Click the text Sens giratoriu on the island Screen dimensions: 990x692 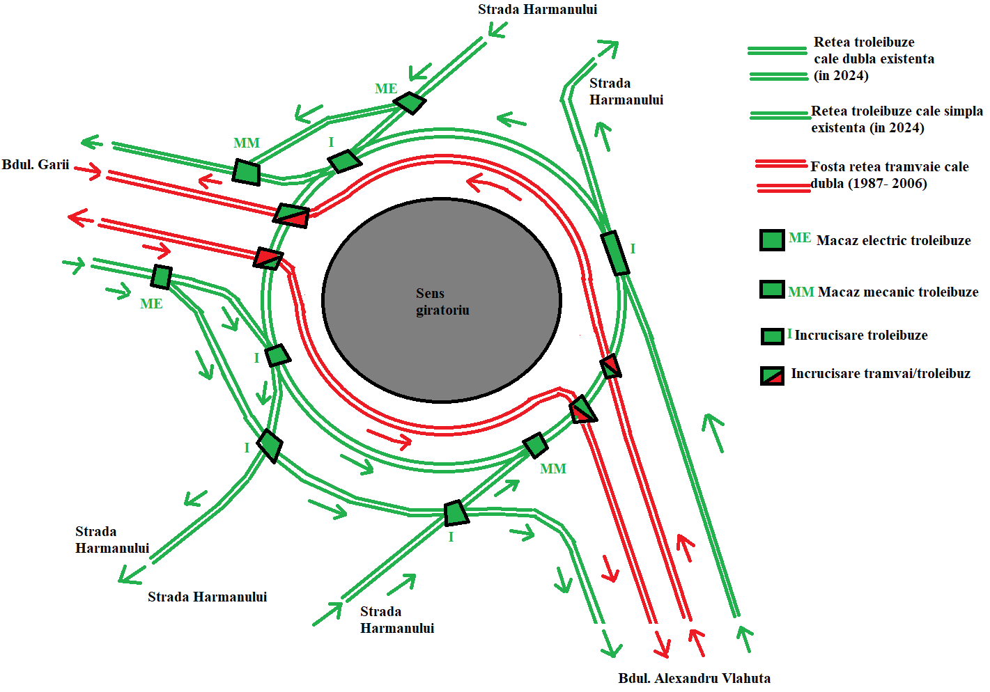tap(442, 301)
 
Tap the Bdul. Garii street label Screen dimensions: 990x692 tap(36, 165)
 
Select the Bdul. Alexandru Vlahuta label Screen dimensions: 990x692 tap(694, 678)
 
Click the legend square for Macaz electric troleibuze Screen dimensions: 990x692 tap(772, 240)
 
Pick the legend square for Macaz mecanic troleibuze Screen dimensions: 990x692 tap(772, 289)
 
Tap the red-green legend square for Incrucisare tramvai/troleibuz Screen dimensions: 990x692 tap(772, 376)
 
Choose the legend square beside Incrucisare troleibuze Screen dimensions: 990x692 tap(772, 336)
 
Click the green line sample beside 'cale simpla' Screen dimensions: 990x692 tap(780, 116)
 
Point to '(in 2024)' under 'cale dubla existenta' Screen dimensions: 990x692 tap(841, 76)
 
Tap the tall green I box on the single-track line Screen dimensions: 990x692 tap(614, 253)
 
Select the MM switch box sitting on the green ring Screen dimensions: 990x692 tap(535, 445)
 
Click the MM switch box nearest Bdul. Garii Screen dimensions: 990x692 tap(246, 172)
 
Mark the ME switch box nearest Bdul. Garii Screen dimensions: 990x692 tap(162, 277)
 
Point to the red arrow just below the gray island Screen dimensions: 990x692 tap(389, 439)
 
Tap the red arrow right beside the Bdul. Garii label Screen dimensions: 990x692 tap(88, 171)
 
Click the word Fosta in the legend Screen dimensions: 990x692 tap(827, 166)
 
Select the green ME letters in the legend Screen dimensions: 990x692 tap(800, 238)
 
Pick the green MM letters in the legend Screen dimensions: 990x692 tap(801, 292)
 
